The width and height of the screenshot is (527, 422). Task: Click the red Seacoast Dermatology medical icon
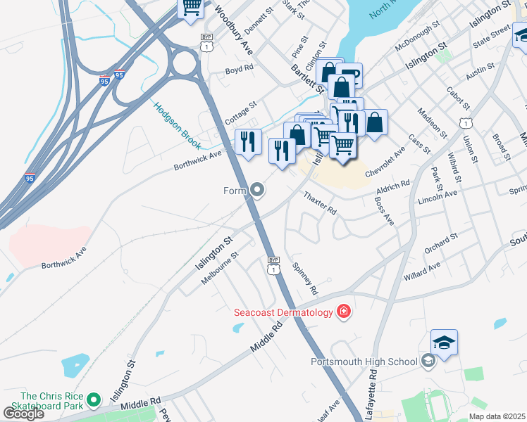[343, 311]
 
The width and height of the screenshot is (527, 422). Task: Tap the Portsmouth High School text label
[364, 362]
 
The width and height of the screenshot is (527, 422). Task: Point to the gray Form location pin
[258, 190]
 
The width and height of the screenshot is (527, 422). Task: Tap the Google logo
[23, 413]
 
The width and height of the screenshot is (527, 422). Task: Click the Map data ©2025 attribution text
[497, 416]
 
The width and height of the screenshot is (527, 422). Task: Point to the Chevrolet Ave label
[385, 163]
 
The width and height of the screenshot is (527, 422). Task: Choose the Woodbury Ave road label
[233, 31]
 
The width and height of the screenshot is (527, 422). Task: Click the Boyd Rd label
[238, 70]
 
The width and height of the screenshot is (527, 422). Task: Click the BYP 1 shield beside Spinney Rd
[274, 265]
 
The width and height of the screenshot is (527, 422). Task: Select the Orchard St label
[441, 243]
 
